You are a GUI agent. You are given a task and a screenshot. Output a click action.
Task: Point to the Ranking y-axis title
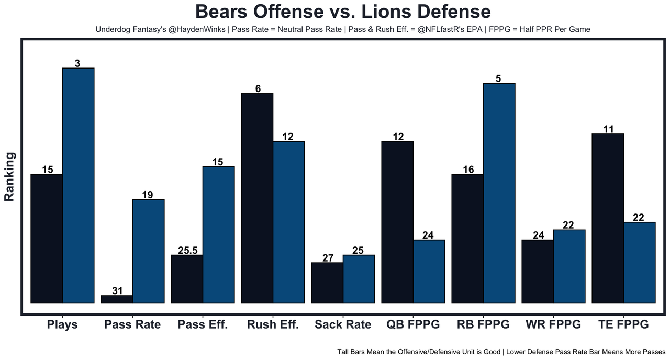[x=9, y=176]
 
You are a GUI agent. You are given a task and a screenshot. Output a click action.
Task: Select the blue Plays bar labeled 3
[x=79, y=185]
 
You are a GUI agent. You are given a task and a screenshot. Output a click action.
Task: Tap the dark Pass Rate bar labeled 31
[x=117, y=299]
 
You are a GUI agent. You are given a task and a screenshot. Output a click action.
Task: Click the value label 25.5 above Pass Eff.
[x=187, y=250]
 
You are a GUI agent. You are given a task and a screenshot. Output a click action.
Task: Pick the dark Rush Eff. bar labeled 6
[x=257, y=198]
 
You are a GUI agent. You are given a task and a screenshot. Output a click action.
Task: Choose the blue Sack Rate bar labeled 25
[x=359, y=279]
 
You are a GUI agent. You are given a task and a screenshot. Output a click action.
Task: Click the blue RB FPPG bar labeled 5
[x=499, y=193]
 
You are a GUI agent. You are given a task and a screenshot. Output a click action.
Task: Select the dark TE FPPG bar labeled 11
[x=607, y=218]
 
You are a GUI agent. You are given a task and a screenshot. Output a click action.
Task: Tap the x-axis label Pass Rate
[x=132, y=324]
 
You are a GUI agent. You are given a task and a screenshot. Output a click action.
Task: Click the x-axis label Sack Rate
[x=343, y=324]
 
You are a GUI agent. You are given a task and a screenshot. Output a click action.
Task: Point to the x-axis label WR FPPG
[x=553, y=324]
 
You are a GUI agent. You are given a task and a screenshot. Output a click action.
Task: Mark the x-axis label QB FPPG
[x=413, y=324]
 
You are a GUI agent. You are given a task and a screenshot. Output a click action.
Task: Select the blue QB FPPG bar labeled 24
[x=429, y=271]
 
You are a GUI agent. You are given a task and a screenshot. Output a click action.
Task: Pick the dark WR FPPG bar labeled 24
[x=538, y=271]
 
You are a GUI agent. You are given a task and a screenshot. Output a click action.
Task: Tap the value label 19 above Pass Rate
[x=148, y=195]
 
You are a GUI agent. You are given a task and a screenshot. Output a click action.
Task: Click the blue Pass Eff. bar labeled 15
[x=218, y=234]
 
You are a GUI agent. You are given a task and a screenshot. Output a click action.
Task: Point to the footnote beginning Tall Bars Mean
[x=501, y=352]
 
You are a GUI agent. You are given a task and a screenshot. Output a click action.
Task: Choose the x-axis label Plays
[x=62, y=324]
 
